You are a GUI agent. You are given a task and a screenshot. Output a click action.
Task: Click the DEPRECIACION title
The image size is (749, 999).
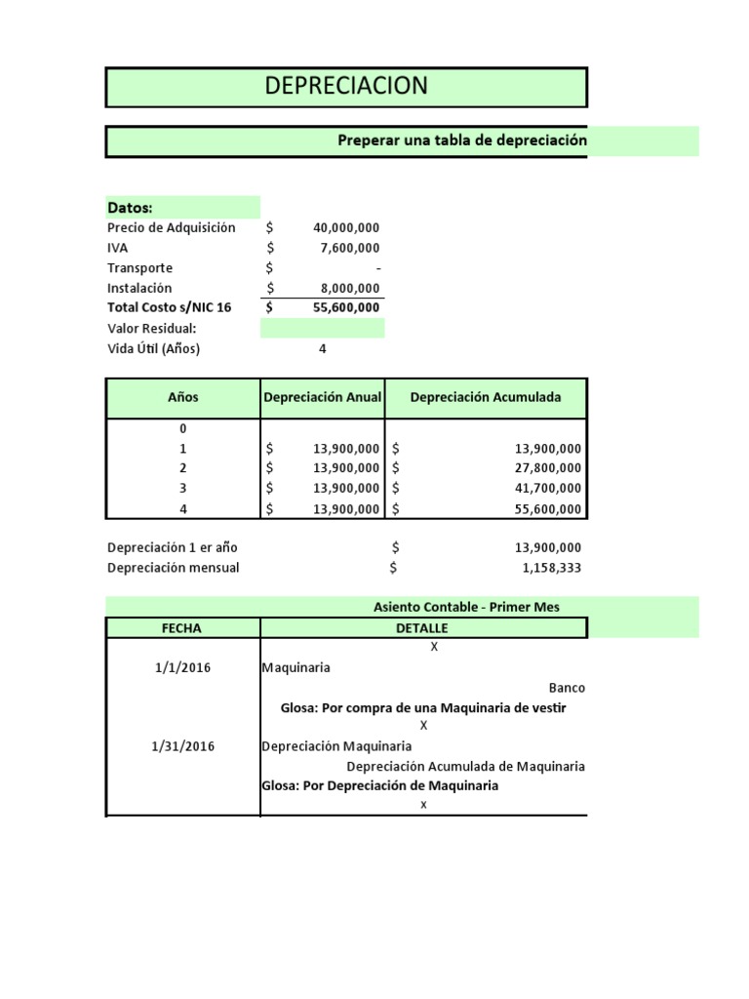click(x=346, y=86)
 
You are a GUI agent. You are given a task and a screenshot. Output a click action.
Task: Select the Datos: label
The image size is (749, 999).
click(x=130, y=208)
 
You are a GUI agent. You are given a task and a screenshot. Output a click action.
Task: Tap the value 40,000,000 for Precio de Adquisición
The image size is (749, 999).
click(x=346, y=227)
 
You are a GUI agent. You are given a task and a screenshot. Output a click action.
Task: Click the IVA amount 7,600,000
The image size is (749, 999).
click(x=350, y=248)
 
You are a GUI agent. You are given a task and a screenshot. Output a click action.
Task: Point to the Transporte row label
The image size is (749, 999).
click(x=139, y=268)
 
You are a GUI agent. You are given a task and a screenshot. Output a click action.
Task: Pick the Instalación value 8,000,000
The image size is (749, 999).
click(x=350, y=288)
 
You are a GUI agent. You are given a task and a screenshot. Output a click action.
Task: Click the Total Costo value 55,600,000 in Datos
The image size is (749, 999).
click(x=346, y=307)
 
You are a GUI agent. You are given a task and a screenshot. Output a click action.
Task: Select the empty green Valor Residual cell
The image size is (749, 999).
click(x=322, y=328)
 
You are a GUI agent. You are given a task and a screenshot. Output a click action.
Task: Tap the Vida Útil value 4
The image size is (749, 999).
click(x=322, y=348)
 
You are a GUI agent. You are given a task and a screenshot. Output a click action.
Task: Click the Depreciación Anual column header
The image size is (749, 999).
click(x=322, y=397)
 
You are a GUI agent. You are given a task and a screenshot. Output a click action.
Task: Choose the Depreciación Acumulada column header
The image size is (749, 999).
click(x=485, y=397)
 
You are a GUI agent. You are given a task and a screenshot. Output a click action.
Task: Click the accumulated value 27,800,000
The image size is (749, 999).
click(x=547, y=468)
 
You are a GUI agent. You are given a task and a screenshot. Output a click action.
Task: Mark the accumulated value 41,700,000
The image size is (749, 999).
click(x=547, y=488)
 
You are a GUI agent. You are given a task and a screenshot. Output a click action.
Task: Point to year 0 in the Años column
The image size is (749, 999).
click(x=182, y=428)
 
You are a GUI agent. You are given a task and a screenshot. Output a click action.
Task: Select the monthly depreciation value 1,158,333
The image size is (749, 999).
click(x=552, y=568)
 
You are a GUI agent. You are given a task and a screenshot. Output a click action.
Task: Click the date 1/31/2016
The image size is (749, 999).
click(x=182, y=746)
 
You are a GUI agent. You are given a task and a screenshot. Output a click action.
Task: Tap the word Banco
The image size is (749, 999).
click(x=567, y=687)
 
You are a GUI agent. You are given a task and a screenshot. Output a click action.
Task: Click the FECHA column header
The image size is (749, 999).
click(x=182, y=628)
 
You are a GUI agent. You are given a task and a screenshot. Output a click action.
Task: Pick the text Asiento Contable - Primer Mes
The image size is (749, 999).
click(x=466, y=607)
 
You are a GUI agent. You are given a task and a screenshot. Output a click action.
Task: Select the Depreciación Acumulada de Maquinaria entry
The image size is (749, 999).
click(x=465, y=766)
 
